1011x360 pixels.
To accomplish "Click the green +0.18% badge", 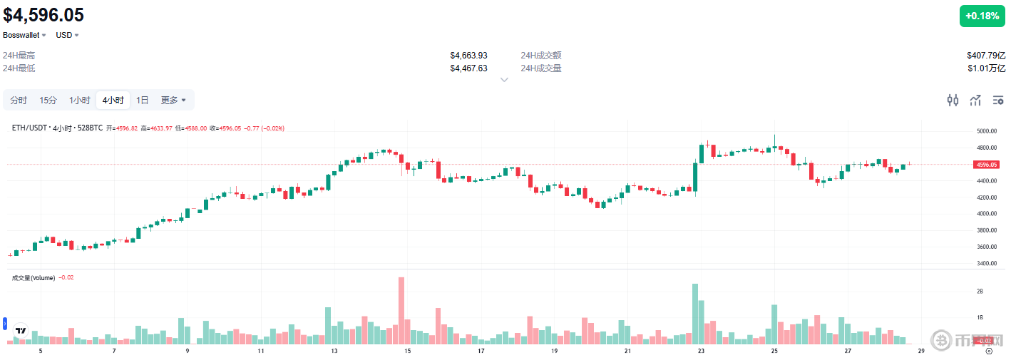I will pyautogui.click(x=982, y=16).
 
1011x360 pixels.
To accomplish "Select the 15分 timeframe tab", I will pyautogui.click(x=48, y=101).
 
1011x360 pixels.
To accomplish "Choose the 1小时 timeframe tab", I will pyautogui.click(x=79, y=101).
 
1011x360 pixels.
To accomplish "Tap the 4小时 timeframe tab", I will pyautogui.click(x=113, y=101).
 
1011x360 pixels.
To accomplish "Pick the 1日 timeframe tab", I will pyautogui.click(x=143, y=101).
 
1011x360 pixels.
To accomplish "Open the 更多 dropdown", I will pyautogui.click(x=173, y=101).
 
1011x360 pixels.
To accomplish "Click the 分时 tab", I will pyautogui.click(x=19, y=101).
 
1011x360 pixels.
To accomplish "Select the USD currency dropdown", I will pyautogui.click(x=67, y=35).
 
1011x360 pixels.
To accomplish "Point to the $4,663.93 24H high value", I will pyautogui.click(x=468, y=56).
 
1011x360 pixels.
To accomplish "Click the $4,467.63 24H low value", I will pyautogui.click(x=468, y=68).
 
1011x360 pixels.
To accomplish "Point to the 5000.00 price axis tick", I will pyautogui.click(x=986, y=132).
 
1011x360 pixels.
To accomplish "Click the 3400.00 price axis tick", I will pyautogui.click(x=986, y=263).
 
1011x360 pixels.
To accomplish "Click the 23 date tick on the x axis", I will pyautogui.click(x=701, y=351).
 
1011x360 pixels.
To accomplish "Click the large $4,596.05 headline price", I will pyautogui.click(x=44, y=15).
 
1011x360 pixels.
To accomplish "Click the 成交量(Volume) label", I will pyautogui.click(x=34, y=277).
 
